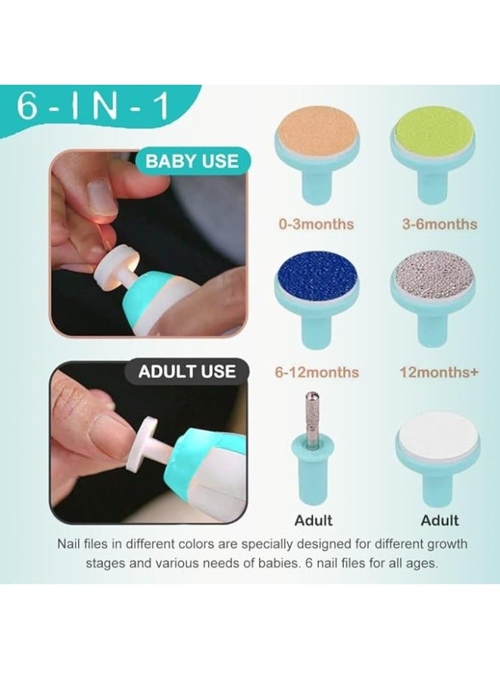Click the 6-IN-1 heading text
92,107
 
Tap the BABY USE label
192,161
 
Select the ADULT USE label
187,372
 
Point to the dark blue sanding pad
317,278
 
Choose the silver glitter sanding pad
433,278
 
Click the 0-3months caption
316,225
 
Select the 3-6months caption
439,225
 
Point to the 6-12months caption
317,372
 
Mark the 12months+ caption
439,372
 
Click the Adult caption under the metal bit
314,521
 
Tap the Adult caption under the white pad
439,521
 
